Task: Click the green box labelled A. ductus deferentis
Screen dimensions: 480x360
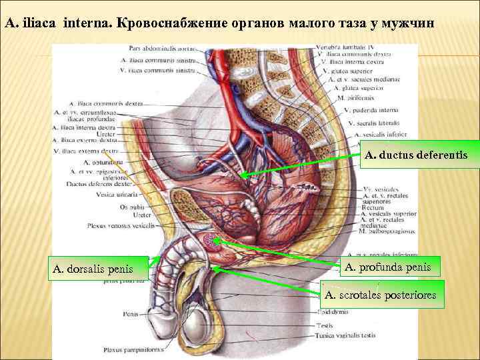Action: click(x=413, y=155)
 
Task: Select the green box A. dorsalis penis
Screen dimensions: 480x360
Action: click(x=94, y=270)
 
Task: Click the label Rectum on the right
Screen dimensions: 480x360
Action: click(x=371, y=207)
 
